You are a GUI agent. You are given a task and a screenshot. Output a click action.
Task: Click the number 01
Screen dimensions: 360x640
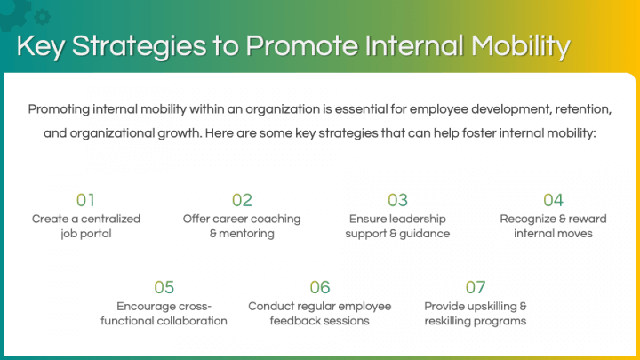(85, 200)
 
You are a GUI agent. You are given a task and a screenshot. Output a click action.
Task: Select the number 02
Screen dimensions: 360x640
(242, 200)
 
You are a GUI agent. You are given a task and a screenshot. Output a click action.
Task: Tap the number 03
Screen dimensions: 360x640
(397, 200)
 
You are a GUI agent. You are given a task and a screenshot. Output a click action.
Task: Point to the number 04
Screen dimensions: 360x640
(553, 200)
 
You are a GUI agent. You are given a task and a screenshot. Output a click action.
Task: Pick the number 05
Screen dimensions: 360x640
(164, 287)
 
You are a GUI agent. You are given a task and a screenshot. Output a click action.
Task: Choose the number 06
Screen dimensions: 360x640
(319, 287)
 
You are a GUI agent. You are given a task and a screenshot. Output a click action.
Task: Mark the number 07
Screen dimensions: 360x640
(476, 287)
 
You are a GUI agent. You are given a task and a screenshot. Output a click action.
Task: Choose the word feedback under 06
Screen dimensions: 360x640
(297, 321)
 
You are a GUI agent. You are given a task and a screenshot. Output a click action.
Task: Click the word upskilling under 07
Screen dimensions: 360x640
(488, 306)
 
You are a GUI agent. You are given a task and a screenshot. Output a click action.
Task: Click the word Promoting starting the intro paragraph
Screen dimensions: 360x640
(62, 109)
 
